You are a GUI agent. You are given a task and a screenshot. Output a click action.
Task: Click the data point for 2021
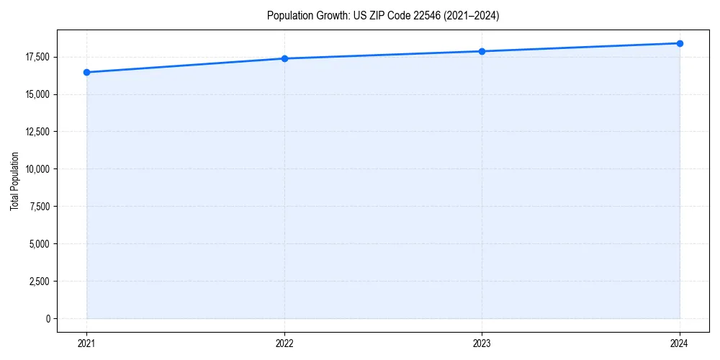pyautogui.click(x=86, y=72)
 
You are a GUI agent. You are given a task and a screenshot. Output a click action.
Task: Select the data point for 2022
pyautogui.click(x=284, y=58)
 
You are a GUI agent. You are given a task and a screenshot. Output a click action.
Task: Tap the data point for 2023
pyautogui.click(x=482, y=51)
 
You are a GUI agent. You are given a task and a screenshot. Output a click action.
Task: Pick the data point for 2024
pyautogui.click(x=680, y=43)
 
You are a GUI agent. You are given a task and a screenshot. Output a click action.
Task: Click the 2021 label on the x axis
pyautogui.click(x=86, y=343)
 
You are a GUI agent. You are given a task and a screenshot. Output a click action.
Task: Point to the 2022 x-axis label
pyautogui.click(x=284, y=343)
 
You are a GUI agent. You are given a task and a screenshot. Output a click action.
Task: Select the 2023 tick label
pyautogui.click(x=482, y=343)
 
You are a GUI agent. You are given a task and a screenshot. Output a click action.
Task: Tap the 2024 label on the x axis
pyautogui.click(x=680, y=343)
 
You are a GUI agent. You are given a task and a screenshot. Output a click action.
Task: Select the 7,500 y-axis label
pyautogui.click(x=39, y=207)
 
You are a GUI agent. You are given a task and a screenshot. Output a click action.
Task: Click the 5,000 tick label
pyautogui.click(x=39, y=244)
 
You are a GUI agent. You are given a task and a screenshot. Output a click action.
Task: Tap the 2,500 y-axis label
pyautogui.click(x=39, y=282)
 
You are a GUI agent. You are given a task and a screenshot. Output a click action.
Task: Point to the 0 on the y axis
pyautogui.click(x=48, y=319)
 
